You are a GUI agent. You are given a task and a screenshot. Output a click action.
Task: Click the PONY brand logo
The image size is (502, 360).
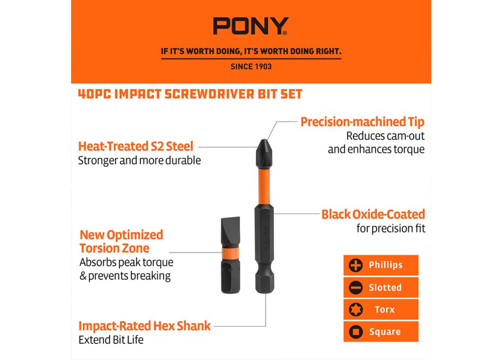coord(251,26)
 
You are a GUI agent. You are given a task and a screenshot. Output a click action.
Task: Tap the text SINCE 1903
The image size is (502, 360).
coord(251,67)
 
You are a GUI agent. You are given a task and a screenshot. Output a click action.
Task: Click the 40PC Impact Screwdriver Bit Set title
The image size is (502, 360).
coord(190,94)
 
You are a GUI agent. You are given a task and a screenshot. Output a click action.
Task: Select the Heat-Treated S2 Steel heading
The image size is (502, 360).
coord(136,146)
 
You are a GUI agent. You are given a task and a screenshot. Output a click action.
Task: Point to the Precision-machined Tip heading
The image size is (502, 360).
coord(362,122)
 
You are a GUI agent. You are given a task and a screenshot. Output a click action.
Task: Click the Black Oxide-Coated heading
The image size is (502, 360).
coord(373,215)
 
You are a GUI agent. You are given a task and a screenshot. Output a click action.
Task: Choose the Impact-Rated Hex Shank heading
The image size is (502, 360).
coord(145,326)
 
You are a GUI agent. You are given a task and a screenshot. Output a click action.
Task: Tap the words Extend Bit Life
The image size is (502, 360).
coord(111,340)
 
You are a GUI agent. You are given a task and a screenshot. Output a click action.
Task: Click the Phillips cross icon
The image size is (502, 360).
coord(356,265)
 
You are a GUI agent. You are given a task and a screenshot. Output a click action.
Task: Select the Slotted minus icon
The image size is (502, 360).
coord(356,288)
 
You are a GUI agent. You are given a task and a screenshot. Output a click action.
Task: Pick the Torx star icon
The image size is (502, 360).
coord(356,310)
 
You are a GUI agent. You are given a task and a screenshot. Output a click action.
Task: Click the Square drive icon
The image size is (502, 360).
coord(356,332)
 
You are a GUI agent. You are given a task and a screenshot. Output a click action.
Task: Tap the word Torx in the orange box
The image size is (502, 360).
coord(385,310)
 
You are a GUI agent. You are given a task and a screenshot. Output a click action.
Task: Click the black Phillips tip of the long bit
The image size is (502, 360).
coord(264,154)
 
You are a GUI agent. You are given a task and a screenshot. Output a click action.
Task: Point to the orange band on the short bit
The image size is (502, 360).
coord(230,252)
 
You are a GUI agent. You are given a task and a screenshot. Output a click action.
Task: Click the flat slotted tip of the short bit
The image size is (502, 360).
coord(230,232)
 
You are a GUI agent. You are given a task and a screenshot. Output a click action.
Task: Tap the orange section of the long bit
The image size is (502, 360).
coord(264,186)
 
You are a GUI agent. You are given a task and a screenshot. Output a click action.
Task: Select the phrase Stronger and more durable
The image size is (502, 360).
coord(140,160)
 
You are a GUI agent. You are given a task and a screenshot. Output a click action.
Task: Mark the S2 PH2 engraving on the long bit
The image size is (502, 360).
coord(266,235)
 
